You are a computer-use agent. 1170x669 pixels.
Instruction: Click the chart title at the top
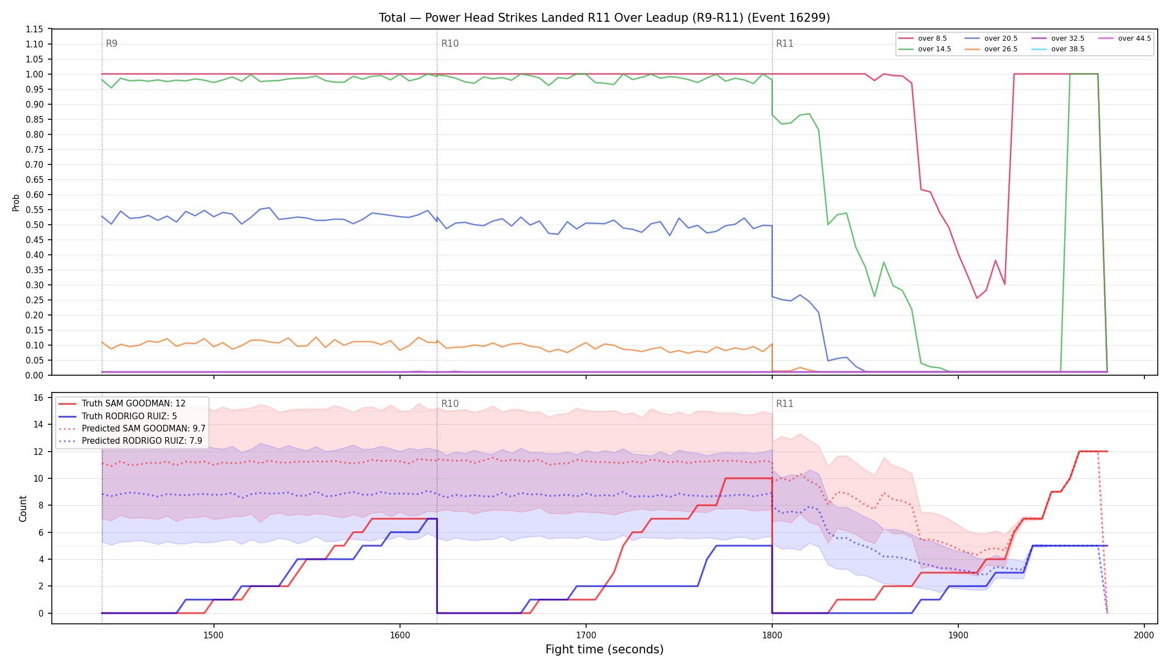604,18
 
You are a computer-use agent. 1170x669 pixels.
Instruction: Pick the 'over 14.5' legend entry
925,49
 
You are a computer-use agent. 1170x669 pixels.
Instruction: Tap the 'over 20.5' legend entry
991,38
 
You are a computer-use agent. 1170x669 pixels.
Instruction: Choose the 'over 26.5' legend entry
991,49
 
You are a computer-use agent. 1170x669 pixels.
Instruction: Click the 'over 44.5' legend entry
1125,38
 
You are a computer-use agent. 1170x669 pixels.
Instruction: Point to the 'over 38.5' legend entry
1058,49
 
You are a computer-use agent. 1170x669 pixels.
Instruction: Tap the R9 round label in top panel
111,43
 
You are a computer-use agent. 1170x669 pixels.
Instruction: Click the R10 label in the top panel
450,43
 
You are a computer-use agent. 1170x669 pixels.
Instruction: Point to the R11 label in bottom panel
784,404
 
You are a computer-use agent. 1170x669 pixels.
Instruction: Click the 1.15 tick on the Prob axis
35,29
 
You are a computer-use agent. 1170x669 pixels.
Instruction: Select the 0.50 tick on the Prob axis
35,225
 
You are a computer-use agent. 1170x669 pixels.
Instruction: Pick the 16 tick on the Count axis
38,397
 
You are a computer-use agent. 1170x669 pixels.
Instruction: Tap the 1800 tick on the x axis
772,635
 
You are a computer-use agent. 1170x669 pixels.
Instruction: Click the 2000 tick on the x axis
1144,635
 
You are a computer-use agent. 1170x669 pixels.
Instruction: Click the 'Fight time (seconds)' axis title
604,649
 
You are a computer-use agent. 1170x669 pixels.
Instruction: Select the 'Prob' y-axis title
16,202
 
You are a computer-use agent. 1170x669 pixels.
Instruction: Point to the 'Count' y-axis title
23,508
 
